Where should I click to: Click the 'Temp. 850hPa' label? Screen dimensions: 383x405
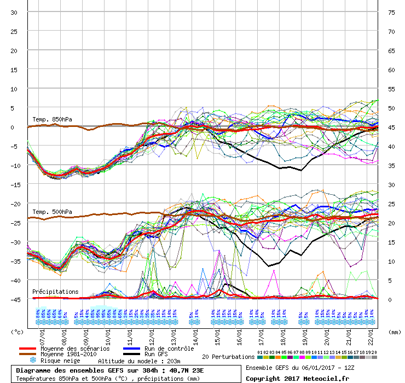tap(52, 119)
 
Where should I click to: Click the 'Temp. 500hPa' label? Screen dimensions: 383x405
tap(52, 212)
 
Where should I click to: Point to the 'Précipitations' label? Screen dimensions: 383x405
tap(55, 292)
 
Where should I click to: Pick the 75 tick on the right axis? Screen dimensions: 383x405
tap(391, 12)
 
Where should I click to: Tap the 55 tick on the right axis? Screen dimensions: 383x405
tap(391, 89)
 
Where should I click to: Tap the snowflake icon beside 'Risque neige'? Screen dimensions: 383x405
tap(32, 361)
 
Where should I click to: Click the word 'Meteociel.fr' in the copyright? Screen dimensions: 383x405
tap(327, 379)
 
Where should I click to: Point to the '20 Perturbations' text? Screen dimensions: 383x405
tap(228, 357)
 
